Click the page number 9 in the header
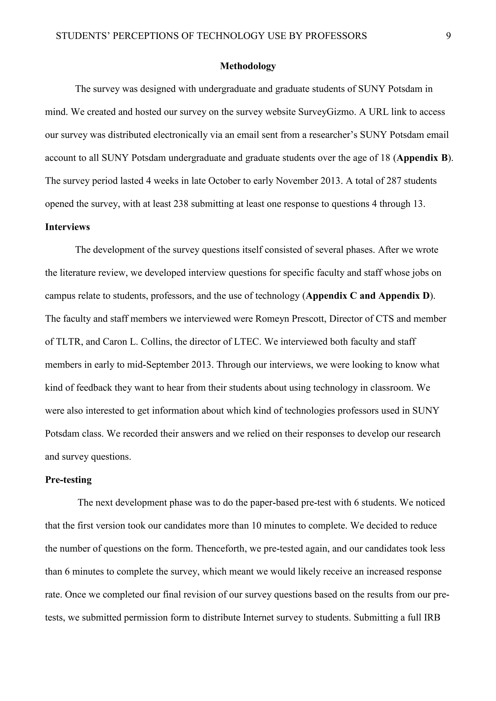pyautogui.click(x=448, y=36)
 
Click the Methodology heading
pyautogui.click(x=248, y=66)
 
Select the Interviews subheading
pyautogui.click(x=67, y=227)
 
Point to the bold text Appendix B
pyautogui.click(x=422, y=158)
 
